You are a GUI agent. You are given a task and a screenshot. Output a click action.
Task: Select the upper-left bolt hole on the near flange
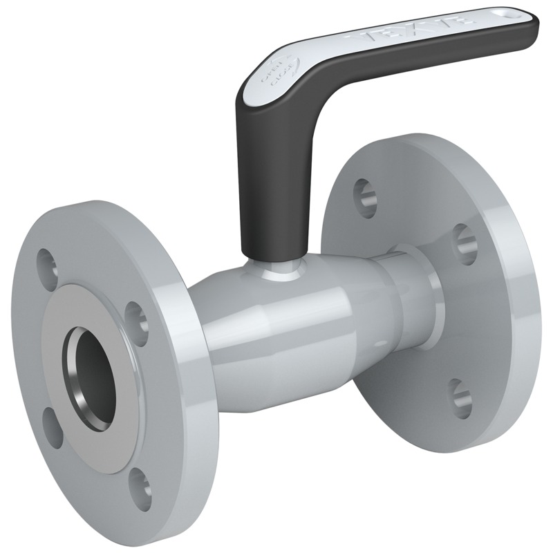pos(47,261)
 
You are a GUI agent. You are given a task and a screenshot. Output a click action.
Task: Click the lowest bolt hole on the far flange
pos(458,395)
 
